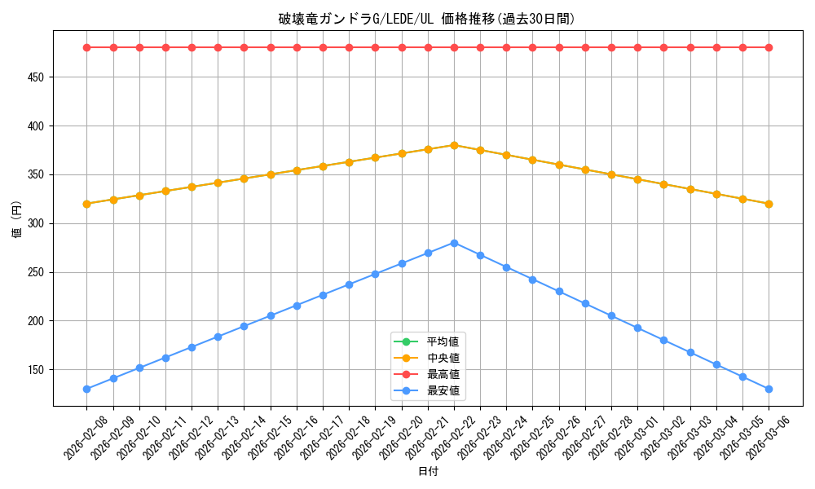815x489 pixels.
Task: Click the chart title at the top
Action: pos(427,19)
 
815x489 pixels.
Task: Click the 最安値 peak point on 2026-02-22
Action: pos(454,243)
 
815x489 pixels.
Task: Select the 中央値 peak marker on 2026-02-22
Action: pos(454,145)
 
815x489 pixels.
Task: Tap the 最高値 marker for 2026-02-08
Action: pos(86,47)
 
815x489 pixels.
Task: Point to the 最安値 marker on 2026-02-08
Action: pos(86,389)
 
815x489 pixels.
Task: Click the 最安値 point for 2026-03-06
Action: pos(769,389)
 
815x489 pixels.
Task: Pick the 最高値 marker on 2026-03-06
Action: pos(769,47)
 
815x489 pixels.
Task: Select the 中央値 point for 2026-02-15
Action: pos(271,174)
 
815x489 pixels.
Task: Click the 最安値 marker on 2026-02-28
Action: pos(611,316)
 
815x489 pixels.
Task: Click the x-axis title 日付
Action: pos(427,472)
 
